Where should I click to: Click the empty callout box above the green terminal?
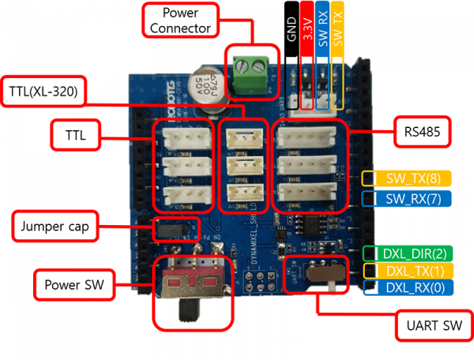(x=180, y=19)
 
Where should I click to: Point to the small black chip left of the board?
(x=167, y=228)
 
